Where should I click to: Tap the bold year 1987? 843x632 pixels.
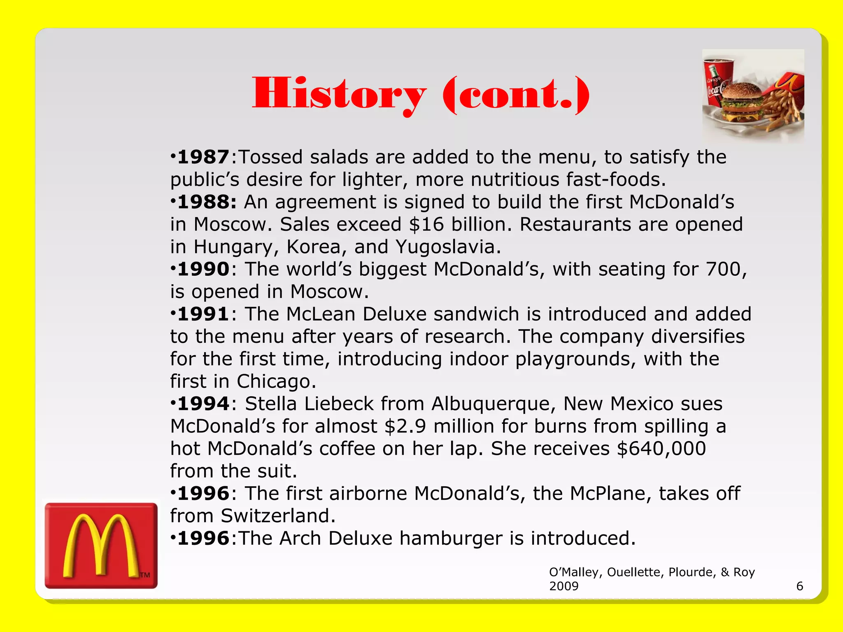click(203, 157)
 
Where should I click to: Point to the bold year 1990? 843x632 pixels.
click(203, 270)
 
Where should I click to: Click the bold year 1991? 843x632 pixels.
click(203, 314)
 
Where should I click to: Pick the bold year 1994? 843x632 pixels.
click(203, 404)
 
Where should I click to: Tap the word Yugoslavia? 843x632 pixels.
click(448, 247)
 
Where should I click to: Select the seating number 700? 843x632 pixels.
click(724, 270)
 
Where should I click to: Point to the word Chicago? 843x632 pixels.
click(276, 381)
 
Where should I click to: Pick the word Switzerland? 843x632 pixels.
click(278, 516)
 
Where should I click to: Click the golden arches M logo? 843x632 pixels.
click(101, 546)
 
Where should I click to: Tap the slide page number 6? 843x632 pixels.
click(800, 586)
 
